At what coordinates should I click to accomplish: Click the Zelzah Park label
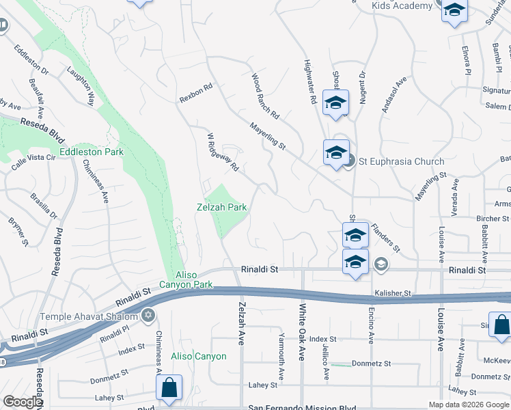(221, 206)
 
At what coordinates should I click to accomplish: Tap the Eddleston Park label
(91, 151)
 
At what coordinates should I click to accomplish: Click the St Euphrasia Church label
(401, 162)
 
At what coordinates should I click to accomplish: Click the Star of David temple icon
(146, 316)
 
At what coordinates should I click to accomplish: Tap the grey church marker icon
(349, 161)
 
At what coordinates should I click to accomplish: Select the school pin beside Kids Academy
(454, 12)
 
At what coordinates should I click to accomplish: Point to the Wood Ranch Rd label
(266, 95)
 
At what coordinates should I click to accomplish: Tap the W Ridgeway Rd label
(223, 152)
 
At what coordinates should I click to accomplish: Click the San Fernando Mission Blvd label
(301, 407)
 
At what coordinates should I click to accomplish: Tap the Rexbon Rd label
(197, 93)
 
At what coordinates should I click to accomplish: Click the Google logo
(23, 402)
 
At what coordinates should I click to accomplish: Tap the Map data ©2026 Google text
(468, 405)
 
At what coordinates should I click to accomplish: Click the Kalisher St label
(392, 293)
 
